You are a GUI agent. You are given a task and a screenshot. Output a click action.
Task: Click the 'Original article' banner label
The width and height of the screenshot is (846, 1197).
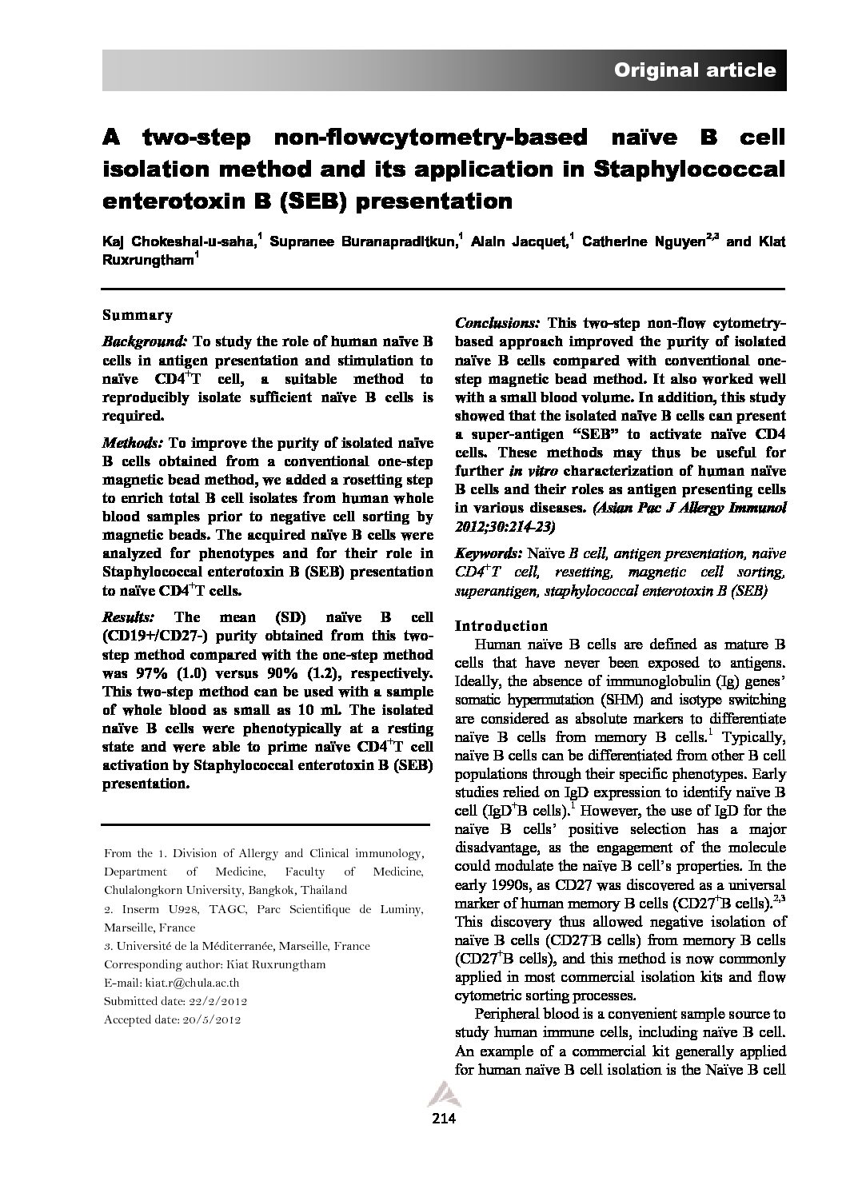(694, 70)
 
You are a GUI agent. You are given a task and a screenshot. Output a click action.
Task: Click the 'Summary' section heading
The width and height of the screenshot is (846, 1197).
(138, 315)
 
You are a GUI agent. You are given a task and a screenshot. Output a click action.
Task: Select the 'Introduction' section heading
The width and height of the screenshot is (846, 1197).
(501, 625)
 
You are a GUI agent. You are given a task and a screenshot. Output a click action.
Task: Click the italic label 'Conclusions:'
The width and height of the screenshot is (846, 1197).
(497, 324)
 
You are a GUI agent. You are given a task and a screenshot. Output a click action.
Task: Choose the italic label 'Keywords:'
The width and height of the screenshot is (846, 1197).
(488, 553)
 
